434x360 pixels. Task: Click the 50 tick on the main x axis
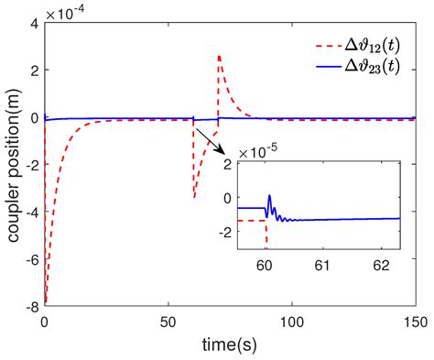(x=168, y=323)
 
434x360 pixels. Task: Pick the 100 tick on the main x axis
(x=291, y=323)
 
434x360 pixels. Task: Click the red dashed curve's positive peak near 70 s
(x=219, y=56)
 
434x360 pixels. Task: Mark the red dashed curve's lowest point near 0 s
(x=46, y=301)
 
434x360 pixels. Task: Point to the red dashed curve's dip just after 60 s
(x=194, y=197)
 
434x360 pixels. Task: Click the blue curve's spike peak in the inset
(x=269, y=195)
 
